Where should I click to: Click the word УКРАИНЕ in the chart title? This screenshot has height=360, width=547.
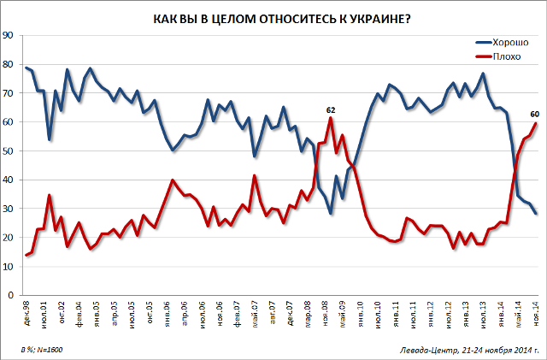374,19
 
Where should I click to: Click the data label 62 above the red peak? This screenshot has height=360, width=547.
331,109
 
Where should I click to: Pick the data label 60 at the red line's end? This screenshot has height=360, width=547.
534,115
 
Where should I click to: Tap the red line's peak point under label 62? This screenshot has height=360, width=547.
330,117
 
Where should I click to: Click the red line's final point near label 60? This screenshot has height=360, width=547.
536,122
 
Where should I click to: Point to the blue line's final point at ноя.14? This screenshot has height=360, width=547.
536,213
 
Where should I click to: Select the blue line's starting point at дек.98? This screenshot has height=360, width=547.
26,68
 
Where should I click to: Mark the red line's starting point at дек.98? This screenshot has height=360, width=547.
26,255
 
